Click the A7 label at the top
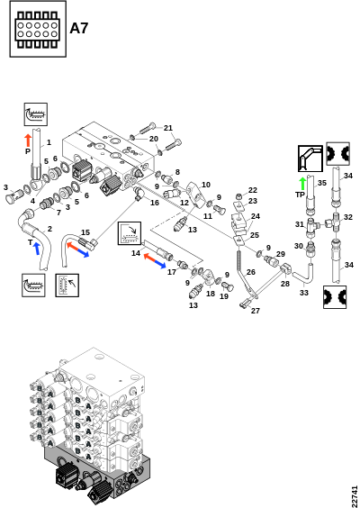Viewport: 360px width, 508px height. [x=79, y=28]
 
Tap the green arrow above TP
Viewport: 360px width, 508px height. [x=302, y=184]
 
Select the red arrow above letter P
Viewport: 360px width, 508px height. [x=28, y=141]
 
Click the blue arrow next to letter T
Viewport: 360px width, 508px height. [x=37, y=249]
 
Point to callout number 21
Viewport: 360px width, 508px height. [x=168, y=128]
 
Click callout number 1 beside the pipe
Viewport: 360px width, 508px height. [x=49, y=142]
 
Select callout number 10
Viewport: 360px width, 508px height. [x=206, y=185]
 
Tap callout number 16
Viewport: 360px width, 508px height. [x=155, y=203]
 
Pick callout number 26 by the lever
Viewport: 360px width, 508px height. [x=251, y=272]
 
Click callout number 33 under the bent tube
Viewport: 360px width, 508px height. [x=304, y=293]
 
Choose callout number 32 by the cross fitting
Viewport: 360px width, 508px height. [x=348, y=217]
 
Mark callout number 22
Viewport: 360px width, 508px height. [x=253, y=190]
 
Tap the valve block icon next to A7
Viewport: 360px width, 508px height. [x=38, y=29]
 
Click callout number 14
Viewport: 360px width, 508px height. [x=136, y=253]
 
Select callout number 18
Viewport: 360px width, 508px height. [x=211, y=294]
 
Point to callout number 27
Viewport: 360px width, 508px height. [x=256, y=311]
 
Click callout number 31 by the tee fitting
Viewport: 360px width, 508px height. [x=300, y=224]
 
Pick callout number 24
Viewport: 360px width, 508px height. [x=256, y=216]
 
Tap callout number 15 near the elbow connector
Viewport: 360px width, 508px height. [x=85, y=232]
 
